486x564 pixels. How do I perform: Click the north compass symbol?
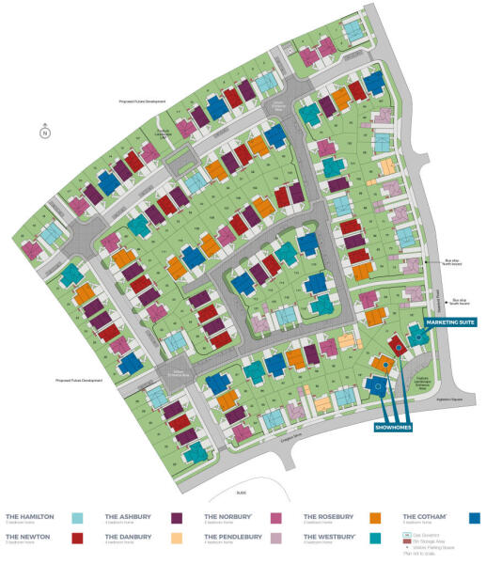pyautogui.click(x=44, y=133)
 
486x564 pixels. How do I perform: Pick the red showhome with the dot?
pyautogui.click(x=398, y=347)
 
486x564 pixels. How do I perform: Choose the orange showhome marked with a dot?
pyautogui.click(x=383, y=363)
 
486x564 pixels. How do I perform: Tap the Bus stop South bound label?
pyautogui.click(x=459, y=303)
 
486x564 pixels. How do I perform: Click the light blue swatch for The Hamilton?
pyautogui.click(x=78, y=518)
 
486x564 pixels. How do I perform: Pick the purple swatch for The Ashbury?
pyautogui.click(x=176, y=518)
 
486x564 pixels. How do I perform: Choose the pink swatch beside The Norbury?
pyautogui.click(x=275, y=518)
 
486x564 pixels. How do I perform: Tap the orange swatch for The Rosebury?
pyautogui.click(x=374, y=518)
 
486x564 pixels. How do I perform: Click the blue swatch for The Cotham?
pyautogui.click(x=475, y=518)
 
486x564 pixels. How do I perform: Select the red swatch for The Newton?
pyautogui.click(x=78, y=539)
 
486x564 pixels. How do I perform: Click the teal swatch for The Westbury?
pyautogui.click(x=374, y=539)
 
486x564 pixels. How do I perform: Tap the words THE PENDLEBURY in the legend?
pyautogui.click(x=232, y=537)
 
